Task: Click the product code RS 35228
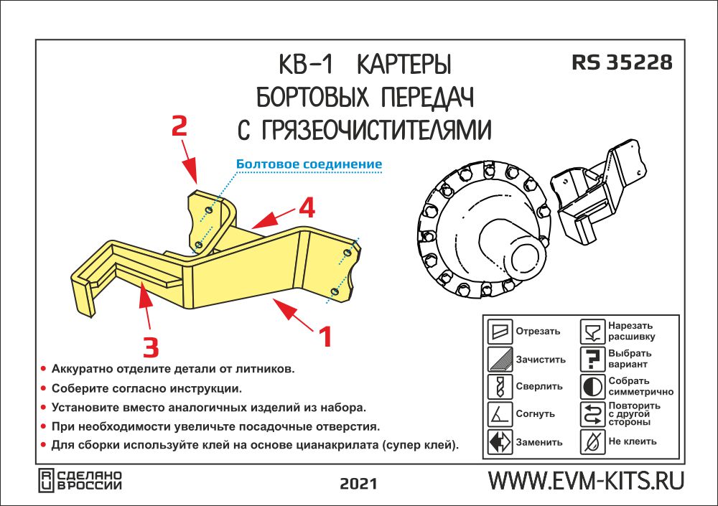622,62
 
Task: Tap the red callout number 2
179,127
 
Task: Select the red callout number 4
307,209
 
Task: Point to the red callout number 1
325,336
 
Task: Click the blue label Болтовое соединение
309,164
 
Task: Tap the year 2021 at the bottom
358,482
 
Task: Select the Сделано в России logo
80,480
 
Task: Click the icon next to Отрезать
500,332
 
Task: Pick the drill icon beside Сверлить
500,387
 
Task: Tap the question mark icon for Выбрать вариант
592,359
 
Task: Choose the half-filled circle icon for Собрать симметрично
592,387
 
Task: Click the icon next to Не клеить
592,441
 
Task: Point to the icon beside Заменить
500,441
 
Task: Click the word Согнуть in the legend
535,415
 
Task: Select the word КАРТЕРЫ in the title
404,66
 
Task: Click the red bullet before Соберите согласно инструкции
44,388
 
